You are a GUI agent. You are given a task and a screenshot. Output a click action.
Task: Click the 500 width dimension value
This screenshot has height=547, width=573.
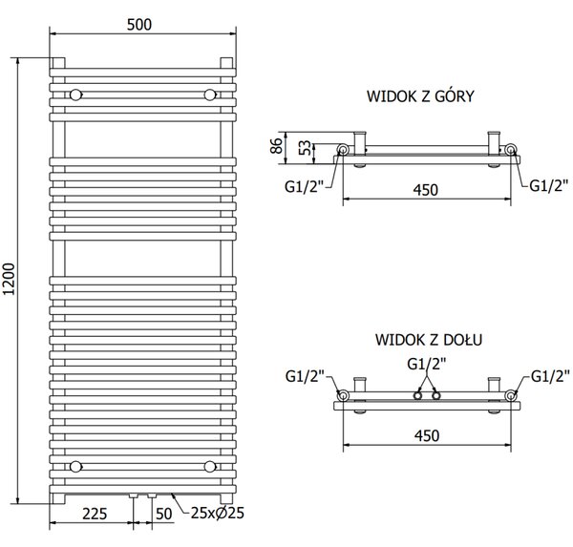tap(139, 25)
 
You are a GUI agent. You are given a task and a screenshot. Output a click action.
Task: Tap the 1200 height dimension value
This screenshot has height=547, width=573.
tap(9, 279)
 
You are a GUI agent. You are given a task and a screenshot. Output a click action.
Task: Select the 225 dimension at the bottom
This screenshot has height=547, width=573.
tap(95, 514)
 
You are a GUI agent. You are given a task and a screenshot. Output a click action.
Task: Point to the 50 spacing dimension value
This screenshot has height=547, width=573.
tap(163, 514)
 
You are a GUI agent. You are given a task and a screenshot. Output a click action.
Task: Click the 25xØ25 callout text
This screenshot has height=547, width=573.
tap(218, 513)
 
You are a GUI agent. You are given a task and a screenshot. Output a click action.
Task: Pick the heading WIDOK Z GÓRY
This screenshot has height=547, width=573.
tap(420, 96)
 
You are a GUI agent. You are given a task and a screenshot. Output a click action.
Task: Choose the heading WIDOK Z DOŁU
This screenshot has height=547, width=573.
tap(429, 340)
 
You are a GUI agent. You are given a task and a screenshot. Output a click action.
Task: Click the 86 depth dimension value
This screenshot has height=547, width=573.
tap(277, 145)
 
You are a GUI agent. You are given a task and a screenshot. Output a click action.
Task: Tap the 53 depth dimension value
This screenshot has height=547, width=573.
tap(306, 148)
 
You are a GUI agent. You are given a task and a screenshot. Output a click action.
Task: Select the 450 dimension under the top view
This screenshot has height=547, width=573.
tap(426, 190)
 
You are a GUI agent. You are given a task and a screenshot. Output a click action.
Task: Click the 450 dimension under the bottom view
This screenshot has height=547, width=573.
tap(427, 435)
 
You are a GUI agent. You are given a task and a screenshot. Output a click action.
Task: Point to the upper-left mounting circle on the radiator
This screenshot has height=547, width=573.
tap(75, 95)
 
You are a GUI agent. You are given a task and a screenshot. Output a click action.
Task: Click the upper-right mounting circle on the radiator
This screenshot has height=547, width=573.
tap(210, 95)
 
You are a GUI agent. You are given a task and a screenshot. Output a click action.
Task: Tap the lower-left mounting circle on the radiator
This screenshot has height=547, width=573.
tap(75, 467)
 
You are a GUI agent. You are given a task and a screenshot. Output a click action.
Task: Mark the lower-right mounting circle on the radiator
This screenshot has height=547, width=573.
tap(210, 467)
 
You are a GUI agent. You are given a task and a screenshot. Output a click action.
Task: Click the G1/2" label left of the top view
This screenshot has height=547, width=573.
tap(305, 187)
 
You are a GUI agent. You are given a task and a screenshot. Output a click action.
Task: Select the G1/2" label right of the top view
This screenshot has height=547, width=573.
tap(549, 185)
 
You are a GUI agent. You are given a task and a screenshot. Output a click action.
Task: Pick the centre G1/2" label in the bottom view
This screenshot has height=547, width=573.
tap(427, 364)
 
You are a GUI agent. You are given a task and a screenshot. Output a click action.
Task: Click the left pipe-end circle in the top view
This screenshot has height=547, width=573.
tap(343, 150)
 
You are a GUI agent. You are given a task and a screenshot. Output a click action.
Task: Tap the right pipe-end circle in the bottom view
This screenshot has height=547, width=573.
tap(511, 395)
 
